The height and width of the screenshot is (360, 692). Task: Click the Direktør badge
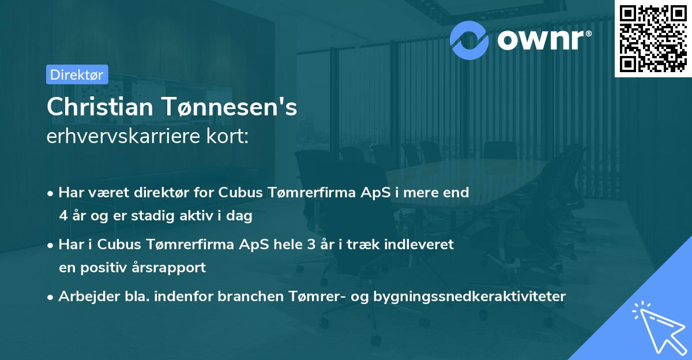77,74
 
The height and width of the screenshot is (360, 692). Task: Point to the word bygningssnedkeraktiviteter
471,297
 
